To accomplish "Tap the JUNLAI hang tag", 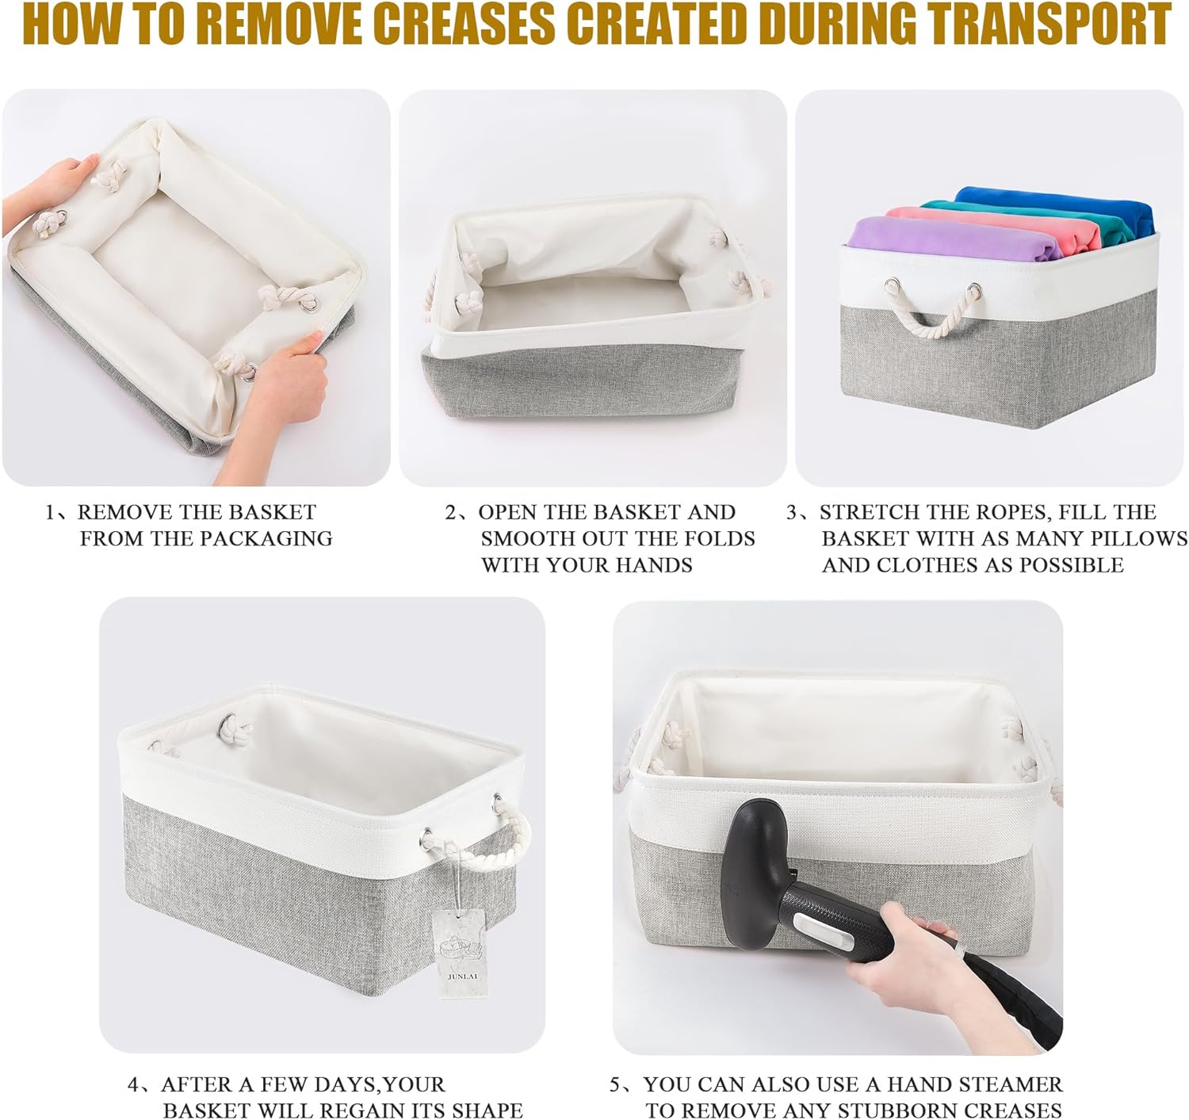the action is [461, 953].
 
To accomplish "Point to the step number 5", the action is [615, 1084].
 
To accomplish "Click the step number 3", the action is [792, 512].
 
